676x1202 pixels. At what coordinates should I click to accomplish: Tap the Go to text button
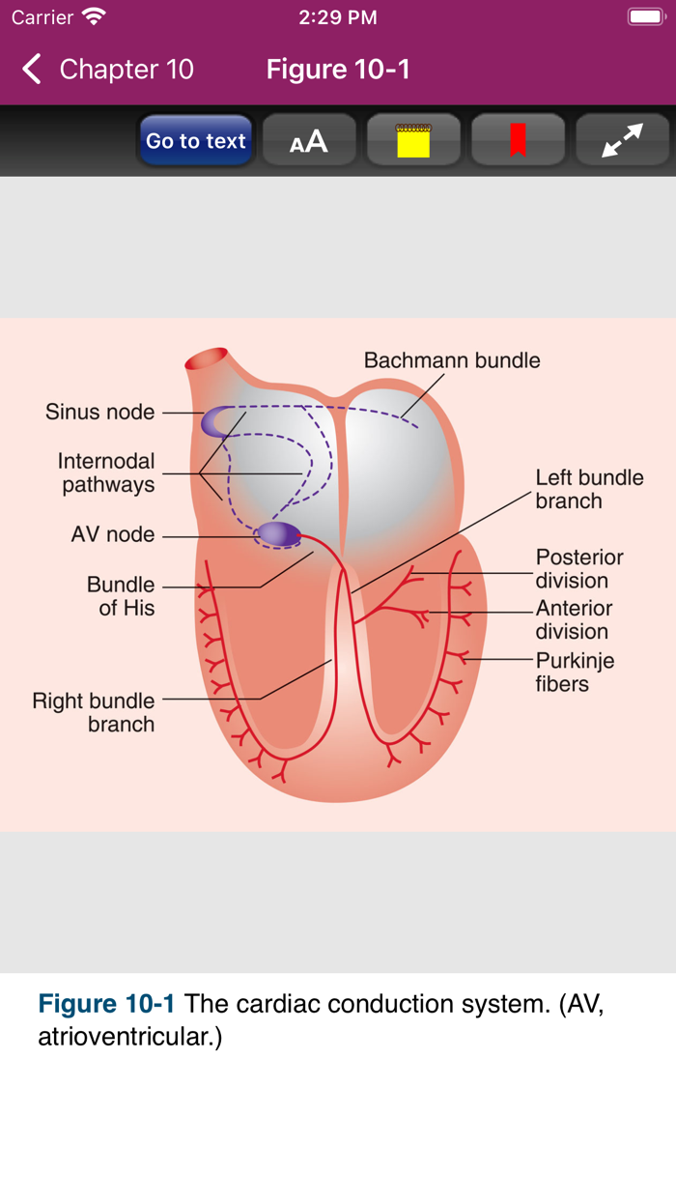(196, 141)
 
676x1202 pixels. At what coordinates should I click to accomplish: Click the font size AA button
(309, 141)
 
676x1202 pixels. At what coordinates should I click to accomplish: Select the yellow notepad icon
(413, 141)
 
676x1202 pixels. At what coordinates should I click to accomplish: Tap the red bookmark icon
(518, 141)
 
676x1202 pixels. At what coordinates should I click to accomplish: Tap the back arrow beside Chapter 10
(32, 70)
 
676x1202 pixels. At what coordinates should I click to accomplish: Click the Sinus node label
(99, 413)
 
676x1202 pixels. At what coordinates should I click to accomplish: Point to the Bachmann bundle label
(452, 360)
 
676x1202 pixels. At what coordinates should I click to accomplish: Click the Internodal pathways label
(107, 473)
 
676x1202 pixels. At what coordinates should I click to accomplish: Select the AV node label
(113, 534)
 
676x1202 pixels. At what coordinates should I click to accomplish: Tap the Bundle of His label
(121, 596)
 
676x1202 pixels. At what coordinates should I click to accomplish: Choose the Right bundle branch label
(94, 712)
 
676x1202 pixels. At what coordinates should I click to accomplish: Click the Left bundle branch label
(589, 489)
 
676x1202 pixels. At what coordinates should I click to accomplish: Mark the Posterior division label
(579, 569)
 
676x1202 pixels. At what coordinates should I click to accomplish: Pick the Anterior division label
(574, 619)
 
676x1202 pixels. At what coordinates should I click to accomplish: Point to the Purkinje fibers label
(575, 672)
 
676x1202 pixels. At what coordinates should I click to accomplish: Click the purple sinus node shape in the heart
(214, 421)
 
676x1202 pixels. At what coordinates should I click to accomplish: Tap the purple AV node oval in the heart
(278, 533)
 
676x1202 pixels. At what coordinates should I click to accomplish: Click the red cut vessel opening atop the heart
(207, 360)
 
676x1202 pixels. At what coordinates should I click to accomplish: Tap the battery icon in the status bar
(644, 17)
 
